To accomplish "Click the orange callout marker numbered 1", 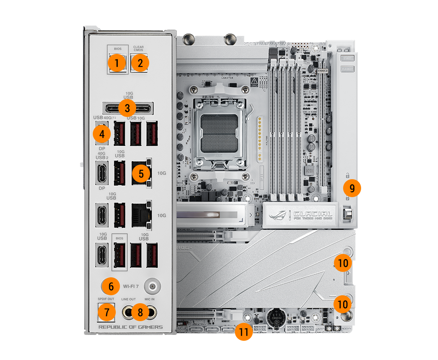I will [117, 63].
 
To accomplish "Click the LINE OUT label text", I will [128, 299].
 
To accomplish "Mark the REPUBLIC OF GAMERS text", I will [130, 327].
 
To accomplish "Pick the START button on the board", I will [346, 58].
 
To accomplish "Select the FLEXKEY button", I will [346, 68].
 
